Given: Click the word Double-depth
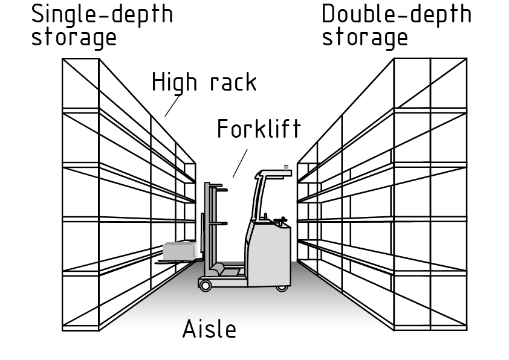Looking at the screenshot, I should (396, 13).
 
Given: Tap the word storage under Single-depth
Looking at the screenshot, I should (73, 37).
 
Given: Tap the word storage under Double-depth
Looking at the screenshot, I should (365, 37).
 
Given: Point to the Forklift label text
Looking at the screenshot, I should (259, 129).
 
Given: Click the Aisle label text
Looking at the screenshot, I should (209, 329).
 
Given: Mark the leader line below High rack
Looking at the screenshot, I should (172, 106).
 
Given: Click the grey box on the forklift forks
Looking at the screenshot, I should (180, 250).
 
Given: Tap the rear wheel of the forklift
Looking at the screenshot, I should (282, 286).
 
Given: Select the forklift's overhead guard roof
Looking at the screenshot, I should (275, 175).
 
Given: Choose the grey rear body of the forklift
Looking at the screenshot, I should (269, 254).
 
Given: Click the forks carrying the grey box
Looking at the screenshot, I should (175, 261).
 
